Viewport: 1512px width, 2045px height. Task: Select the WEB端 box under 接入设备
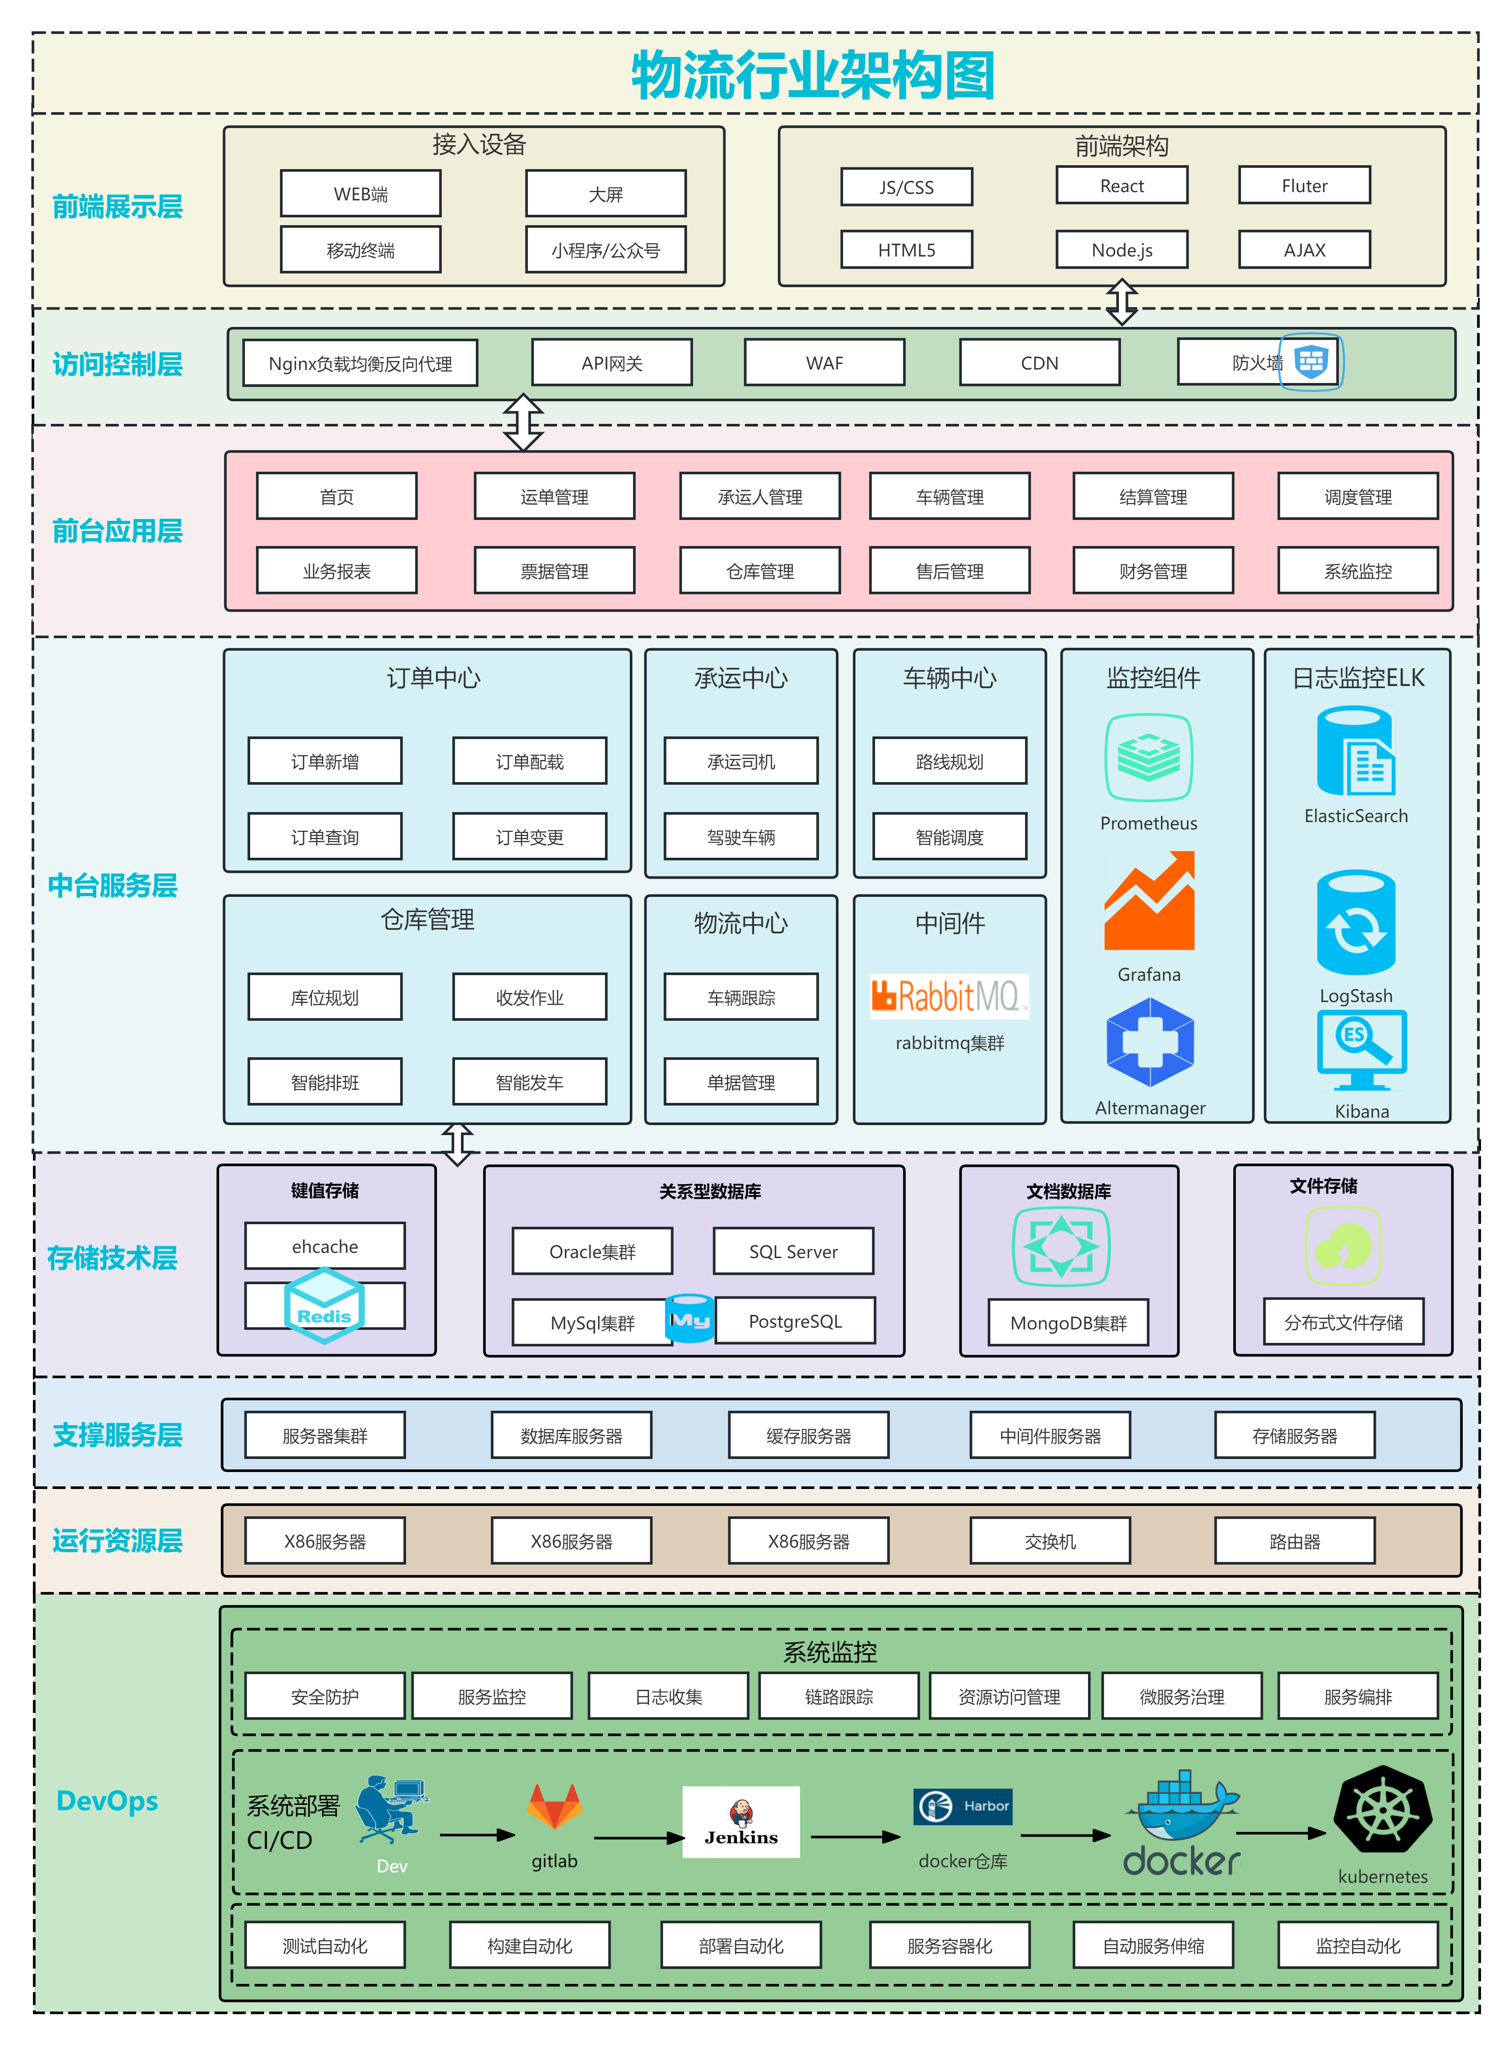click(x=360, y=194)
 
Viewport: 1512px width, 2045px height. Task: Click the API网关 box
click(x=611, y=363)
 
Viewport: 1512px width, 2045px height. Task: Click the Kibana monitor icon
click(x=1361, y=1050)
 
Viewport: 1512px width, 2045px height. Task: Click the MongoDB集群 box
click(x=1068, y=1323)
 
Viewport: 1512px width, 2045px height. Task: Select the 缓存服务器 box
click(x=808, y=1435)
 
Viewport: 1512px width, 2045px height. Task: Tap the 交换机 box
click(x=1050, y=1542)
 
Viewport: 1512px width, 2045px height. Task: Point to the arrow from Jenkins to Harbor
click(x=856, y=1836)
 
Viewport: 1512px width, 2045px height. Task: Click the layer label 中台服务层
click(x=113, y=886)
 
